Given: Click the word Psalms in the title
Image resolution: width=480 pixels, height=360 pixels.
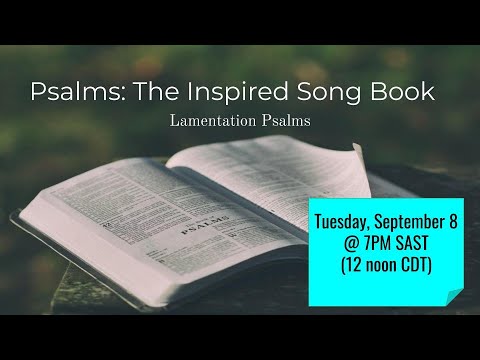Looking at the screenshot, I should pos(73,93).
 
